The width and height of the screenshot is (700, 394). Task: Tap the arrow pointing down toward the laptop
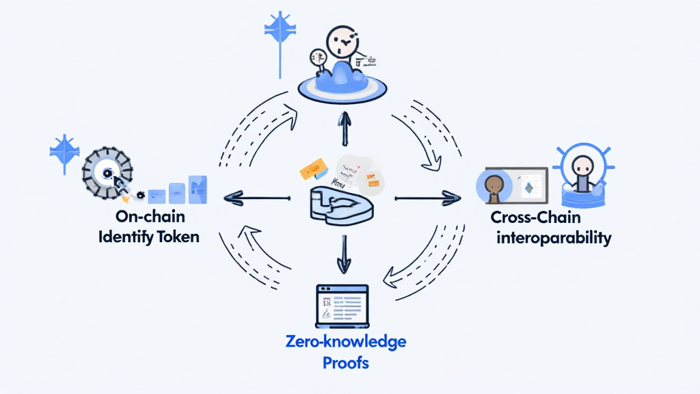coord(344,253)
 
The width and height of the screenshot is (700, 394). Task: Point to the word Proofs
coord(345,362)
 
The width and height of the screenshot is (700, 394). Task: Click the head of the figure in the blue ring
coord(583,164)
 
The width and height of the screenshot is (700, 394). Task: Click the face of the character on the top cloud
coord(342,42)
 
